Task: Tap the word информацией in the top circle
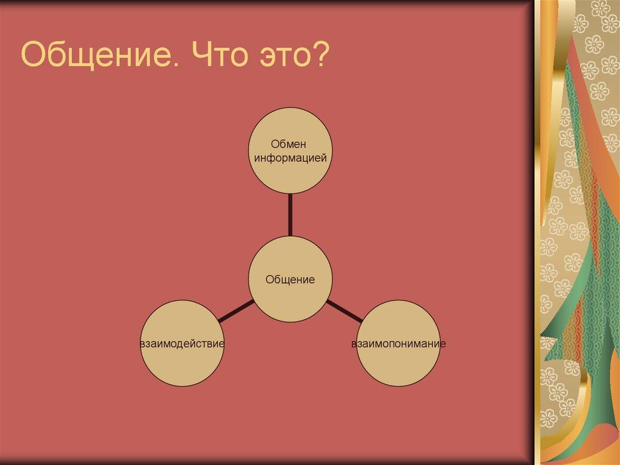(291, 158)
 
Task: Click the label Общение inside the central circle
(291, 280)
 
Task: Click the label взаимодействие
(182, 344)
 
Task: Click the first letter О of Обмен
(274, 144)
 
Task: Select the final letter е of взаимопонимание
(443, 344)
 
